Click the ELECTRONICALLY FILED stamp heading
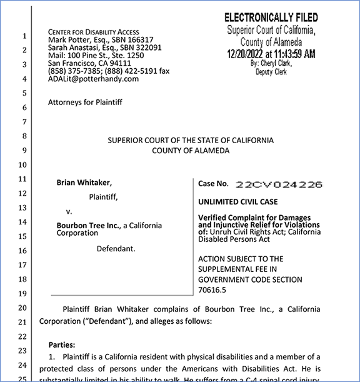coord(271,17)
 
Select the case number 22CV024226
coord(278,184)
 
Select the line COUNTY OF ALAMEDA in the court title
coord(190,151)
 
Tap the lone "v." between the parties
coord(69,210)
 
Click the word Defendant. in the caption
coord(116,248)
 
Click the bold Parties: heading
coord(65,344)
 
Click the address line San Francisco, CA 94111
coord(89,63)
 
